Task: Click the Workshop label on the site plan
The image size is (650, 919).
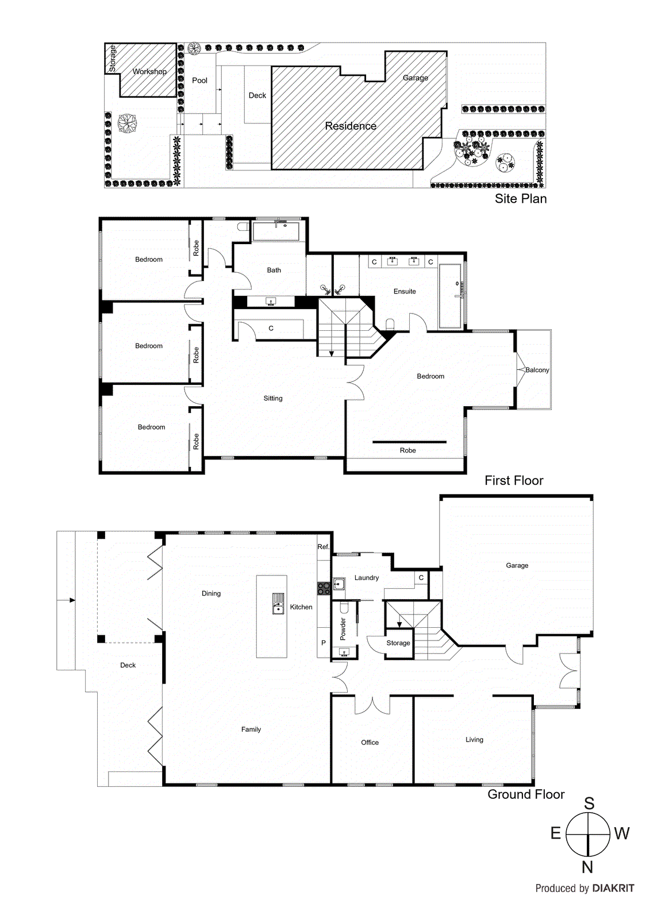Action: tap(149, 72)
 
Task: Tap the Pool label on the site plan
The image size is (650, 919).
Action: tap(199, 80)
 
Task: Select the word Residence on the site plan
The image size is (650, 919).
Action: tap(351, 126)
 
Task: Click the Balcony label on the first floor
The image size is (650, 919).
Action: tap(537, 370)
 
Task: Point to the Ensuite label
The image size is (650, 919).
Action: tap(405, 291)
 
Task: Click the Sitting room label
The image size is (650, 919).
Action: tap(273, 398)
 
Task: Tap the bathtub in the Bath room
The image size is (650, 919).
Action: tap(276, 232)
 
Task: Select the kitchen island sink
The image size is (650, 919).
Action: tap(278, 604)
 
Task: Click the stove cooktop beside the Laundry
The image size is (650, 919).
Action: tap(324, 588)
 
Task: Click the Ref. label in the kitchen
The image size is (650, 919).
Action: tap(324, 547)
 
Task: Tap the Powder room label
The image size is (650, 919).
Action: tap(343, 629)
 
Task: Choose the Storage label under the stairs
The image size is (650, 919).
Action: tap(398, 643)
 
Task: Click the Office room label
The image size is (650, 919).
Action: tap(370, 742)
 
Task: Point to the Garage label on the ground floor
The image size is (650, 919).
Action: tap(517, 565)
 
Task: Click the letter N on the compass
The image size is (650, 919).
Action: tap(587, 867)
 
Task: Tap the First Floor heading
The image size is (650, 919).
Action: tap(513, 480)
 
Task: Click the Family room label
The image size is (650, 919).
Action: tap(251, 729)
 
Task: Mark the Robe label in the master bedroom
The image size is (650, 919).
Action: tap(407, 450)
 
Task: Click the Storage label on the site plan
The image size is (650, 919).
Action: tap(113, 58)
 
